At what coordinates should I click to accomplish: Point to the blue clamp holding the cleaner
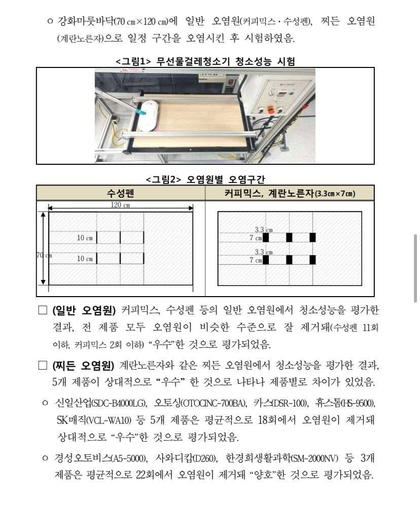tap(137, 108)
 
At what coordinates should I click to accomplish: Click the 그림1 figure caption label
tap(133, 61)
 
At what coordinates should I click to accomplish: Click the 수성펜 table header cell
tap(121, 193)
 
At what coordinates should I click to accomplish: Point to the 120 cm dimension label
tap(120, 205)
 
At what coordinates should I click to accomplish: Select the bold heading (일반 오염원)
tap(84, 310)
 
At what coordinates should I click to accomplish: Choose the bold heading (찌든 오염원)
tap(84, 366)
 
